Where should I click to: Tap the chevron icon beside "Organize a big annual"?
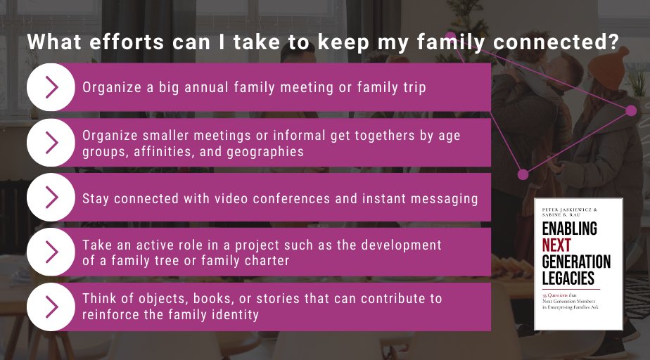tap(51, 87)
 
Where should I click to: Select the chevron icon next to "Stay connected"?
tap(51, 198)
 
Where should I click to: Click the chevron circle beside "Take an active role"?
tap(51, 252)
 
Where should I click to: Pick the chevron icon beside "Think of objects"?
tap(51, 307)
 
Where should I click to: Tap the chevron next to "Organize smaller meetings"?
tap(51, 142)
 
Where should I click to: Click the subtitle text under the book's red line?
tap(573, 301)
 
